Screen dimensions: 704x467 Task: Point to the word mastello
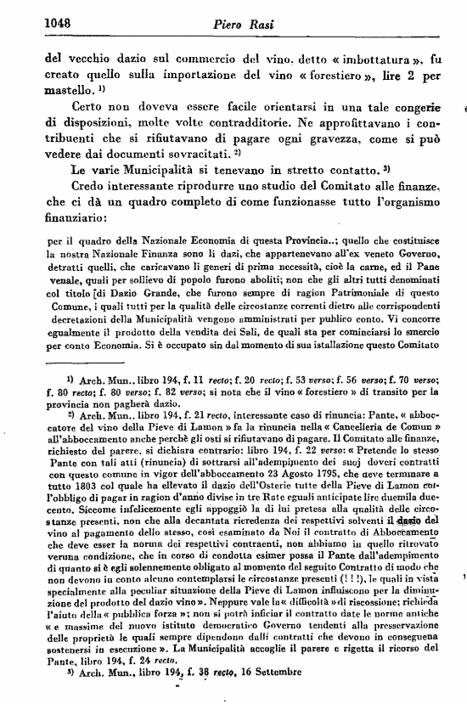coord(66,88)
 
